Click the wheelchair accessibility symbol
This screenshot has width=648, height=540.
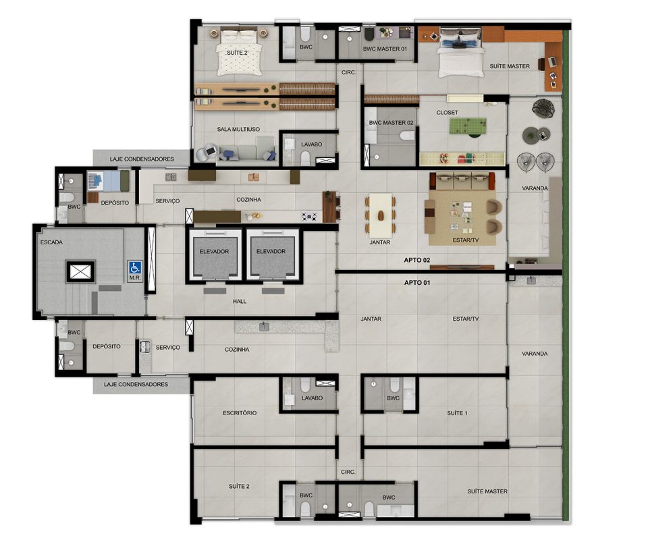click(135, 267)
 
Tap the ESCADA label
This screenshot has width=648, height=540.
click(52, 242)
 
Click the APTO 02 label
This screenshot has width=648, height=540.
click(417, 260)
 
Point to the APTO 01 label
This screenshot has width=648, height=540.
click(417, 283)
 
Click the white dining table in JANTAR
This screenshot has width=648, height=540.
click(380, 215)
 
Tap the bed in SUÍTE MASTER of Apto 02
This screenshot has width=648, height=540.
click(461, 53)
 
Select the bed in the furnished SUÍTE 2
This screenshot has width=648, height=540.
click(240, 51)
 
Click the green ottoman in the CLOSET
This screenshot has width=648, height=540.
click(468, 126)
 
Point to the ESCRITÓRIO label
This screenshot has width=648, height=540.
click(240, 412)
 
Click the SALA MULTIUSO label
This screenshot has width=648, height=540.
click(238, 130)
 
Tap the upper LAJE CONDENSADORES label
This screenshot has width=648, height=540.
click(142, 159)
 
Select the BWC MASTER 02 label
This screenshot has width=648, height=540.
click(391, 123)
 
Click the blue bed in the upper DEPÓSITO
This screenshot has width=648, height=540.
click(108, 181)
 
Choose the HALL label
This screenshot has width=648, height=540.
click(239, 302)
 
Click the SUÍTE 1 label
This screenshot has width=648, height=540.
click(458, 413)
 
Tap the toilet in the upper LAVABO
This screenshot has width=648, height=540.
click(305, 158)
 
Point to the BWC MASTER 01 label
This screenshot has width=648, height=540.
click(385, 49)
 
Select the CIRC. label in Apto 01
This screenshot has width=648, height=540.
click(348, 472)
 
